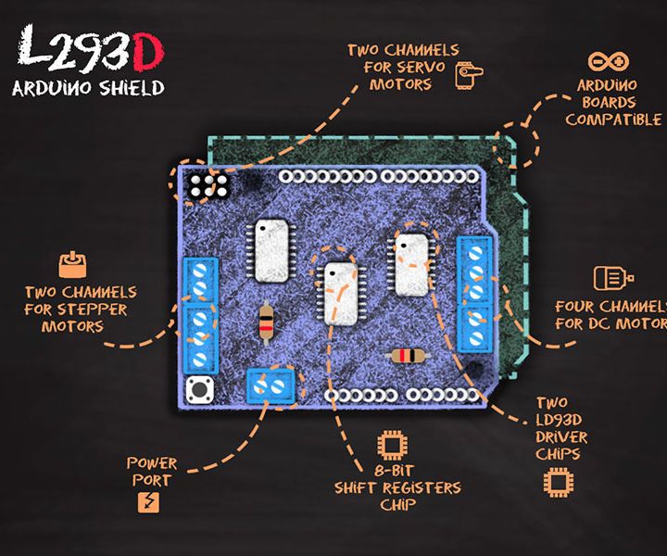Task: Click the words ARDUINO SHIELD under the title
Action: (x=88, y=89)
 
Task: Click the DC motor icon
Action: (x=612, y=278)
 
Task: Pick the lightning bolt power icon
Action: (x=149, y=502)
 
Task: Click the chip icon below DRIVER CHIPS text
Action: (x=557, y=482)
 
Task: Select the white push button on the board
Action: (x=197, y=389)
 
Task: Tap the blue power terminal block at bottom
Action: (x=274, y=385)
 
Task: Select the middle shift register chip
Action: (x=340, y=293)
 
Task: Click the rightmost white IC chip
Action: (x=411, y=263)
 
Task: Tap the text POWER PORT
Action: (x=151, y=471)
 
